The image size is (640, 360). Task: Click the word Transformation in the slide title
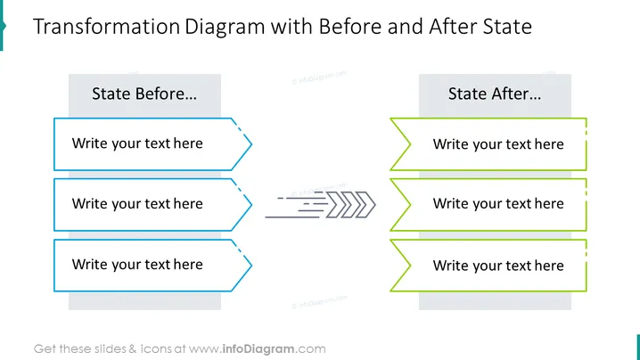coord(106,27)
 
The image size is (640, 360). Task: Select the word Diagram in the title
coord(225,28)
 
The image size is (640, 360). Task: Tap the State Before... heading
coord(144,94)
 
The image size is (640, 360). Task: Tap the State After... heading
coord(495,94)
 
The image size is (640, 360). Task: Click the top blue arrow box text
coord(137,143)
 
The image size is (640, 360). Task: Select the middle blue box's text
coord(137,204)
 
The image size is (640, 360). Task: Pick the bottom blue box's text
coord(137,265)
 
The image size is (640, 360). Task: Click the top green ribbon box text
coord(498,144)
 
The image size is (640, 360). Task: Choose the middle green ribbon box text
coord(498,204)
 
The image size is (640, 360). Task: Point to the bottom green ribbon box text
coord(498,266)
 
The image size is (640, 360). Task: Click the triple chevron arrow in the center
coord(351,204)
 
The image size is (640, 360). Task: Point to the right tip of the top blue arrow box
coord(252,144)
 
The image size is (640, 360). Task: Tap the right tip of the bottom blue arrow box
coord(252,266)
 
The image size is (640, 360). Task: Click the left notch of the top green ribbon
coord(410,144)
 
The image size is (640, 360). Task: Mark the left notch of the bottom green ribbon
coord(410,266)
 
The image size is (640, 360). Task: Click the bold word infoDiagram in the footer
coord(258,349)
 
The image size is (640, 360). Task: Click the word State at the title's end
coord(507,27)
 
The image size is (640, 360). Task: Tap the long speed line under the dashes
coord(292,217)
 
